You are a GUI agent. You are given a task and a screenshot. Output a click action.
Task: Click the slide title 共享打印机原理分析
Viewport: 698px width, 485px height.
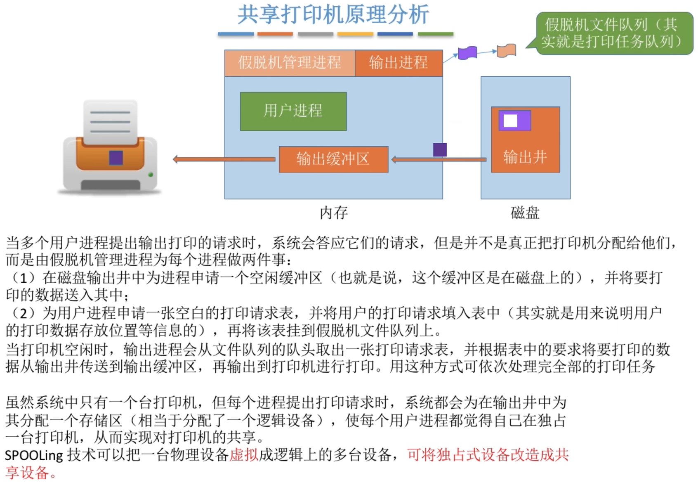333,15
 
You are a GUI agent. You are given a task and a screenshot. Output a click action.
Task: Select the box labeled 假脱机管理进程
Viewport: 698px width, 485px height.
290,63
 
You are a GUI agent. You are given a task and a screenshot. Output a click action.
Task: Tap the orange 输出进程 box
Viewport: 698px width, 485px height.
399,63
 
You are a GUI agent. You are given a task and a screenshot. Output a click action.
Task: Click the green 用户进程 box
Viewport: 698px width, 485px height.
293,111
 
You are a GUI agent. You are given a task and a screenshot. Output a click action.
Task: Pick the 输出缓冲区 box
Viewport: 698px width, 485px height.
333,159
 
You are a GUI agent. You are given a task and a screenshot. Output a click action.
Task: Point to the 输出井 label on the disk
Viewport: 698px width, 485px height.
525,157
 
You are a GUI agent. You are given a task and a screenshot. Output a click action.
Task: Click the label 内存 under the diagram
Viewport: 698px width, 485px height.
334,213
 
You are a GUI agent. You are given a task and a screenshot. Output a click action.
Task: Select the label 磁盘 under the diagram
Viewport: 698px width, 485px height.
525,213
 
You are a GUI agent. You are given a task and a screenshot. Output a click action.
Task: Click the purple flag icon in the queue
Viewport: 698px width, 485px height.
467,53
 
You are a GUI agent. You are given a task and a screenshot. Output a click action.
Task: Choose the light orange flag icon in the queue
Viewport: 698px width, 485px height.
507,50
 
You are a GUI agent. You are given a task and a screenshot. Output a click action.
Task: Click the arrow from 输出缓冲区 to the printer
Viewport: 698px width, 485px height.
225,159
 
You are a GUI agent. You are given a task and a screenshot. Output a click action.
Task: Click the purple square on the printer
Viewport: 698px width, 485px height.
116,158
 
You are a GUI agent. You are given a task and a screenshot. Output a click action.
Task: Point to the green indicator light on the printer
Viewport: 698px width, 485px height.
151,175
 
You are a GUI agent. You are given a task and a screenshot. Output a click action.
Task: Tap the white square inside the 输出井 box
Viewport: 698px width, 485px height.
510,121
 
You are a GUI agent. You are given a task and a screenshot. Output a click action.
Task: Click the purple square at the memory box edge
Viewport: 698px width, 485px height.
440,149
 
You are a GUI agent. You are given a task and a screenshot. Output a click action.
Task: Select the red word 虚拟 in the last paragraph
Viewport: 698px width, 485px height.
244,455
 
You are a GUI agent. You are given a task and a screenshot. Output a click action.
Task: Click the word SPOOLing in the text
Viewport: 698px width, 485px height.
34,455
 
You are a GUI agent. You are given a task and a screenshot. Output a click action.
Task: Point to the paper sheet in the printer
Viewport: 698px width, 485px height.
110,121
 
